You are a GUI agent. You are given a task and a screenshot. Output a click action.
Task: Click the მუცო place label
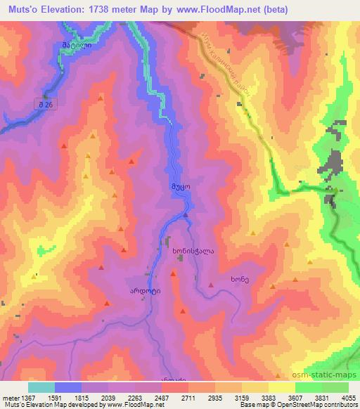coord(178,187)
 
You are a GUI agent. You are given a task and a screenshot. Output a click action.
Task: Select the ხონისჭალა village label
coord(189,249)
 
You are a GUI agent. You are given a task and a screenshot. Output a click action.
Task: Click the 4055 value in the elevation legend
coord(347,397)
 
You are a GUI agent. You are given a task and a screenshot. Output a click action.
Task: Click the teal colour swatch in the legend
coord(41,387)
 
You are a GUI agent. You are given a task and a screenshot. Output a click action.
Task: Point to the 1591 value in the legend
coord(58,397)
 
